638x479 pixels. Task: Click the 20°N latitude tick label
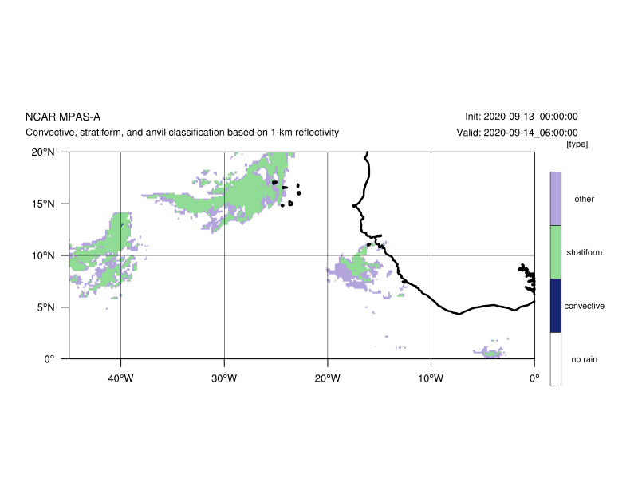[x=43, y=152]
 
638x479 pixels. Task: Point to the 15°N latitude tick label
[x=43, y=204]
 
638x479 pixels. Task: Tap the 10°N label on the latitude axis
[x=43, y=255]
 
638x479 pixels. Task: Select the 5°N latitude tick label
[x=45, y=307]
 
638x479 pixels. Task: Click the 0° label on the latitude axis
[x=49, y=359]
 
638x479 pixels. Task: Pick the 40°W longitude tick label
[x=120, y=378]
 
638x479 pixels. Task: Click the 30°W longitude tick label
[x=224, y=378]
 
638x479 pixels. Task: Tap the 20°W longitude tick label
[x=327, y=378]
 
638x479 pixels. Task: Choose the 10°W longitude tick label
[x=431, y=378]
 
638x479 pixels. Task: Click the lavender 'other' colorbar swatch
[x=555, y=199]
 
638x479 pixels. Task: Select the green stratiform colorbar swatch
[x=555, y=252]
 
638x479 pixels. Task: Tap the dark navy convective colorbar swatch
[x=555, y=306]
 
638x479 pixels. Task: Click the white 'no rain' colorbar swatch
[x=555, y=359]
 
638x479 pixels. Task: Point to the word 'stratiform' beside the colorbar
[x=585, y=252]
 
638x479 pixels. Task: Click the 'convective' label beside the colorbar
[x=585, y=306]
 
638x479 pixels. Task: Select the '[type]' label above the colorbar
[x=577, y=144]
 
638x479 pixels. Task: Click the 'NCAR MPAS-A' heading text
[x=63, y=117]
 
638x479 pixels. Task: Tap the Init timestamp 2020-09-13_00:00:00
[x=530, y=117]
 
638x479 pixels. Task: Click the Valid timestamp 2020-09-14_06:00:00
[x=530, y=133]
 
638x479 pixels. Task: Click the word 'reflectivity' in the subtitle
[x=317, y=133]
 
